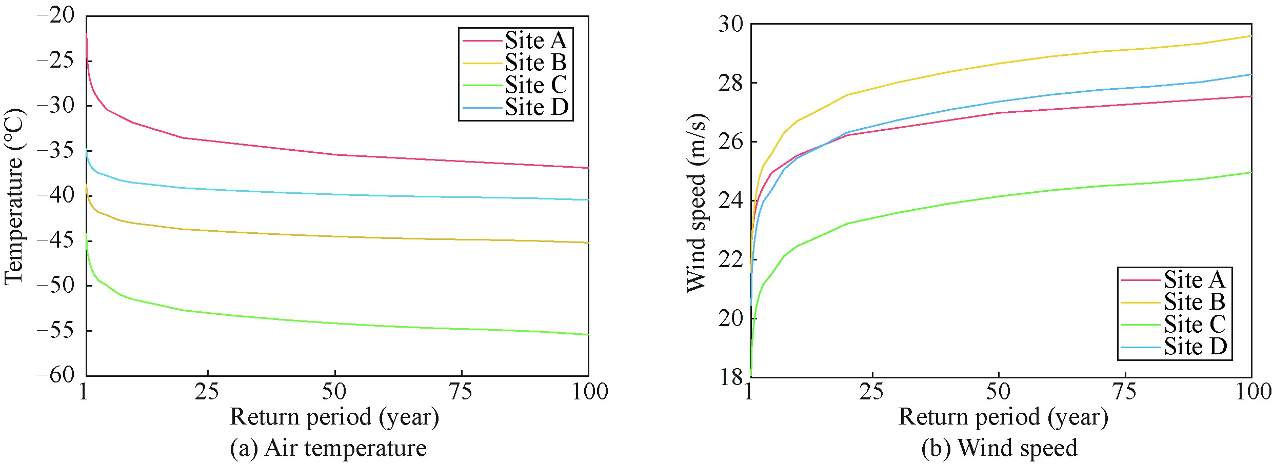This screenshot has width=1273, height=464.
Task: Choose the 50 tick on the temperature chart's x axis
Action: coord(334,392)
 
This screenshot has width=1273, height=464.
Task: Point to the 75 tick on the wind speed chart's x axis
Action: coord(1125,392)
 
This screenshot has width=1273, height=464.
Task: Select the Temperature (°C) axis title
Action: coord(14,196)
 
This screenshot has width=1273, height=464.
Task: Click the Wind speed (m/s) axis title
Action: coord(697,203)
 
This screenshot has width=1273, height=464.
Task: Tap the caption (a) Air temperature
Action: coord(328,448)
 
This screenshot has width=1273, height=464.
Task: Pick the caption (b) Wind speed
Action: coord(999,448)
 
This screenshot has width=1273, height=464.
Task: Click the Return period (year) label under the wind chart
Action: coord(1003,417)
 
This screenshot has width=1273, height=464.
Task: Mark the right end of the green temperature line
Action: coord(588,334)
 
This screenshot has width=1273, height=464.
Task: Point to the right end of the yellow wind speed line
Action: coord(1251,36)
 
